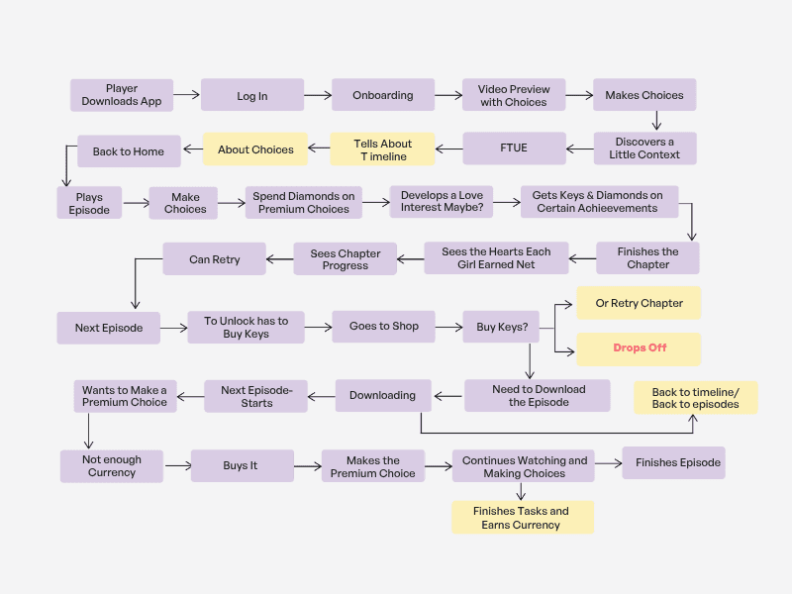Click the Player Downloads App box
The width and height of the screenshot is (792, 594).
click(x=122, y=95)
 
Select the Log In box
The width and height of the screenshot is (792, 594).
click(x=252, y=96)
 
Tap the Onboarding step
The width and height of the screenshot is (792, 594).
click(x=383, y=95)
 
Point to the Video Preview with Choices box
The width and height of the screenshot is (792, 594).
click(x=514, y=95)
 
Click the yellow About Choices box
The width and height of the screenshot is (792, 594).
click(x=255, y=149)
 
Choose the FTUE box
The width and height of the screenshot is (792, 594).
click(x=514, y=149)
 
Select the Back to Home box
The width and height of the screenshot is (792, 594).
click(x=129, y=151)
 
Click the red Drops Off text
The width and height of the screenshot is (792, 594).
click(x=640, y=348)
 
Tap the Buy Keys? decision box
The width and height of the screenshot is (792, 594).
click(x=501, y=327)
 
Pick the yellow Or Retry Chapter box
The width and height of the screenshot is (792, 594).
click(x=640, y=303)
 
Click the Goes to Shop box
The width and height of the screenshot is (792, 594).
click(x=383, y=326)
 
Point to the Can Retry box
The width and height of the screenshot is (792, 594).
click(x=214, y=259)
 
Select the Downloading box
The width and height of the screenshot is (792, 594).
click(x=382, y=395)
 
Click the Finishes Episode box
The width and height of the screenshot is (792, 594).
click(x=673, y=462)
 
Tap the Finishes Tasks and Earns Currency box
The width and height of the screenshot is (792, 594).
click(x=522, y=518)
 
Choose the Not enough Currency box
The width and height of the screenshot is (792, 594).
click(x=112, y=466)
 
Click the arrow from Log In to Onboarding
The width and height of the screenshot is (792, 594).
click(x=318, y=95)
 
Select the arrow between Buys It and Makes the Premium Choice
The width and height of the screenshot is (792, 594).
click(x=308, y=466)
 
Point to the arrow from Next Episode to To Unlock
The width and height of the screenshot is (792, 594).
click(x=174, y=327)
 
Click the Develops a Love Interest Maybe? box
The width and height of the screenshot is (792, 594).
click(x=442, y=202)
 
